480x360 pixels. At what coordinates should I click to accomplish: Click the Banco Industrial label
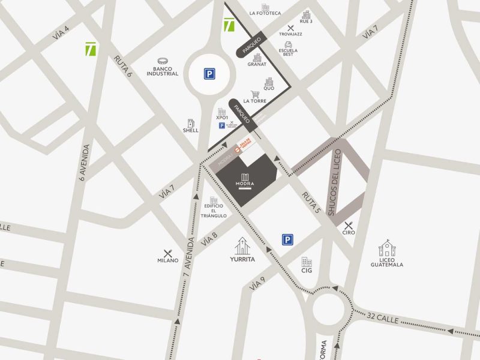point(162,71)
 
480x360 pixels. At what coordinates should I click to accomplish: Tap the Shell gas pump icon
point(191,122)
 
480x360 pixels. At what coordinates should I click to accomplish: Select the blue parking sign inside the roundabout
point(209,74)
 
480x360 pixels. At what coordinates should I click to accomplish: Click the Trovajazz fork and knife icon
point(291,28)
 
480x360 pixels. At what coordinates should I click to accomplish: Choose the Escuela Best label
point(288,52)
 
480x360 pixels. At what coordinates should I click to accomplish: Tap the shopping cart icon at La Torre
point(255,94)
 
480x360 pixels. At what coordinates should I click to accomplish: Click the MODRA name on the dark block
point(244,183)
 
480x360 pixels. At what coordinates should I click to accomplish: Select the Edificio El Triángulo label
point(214,212)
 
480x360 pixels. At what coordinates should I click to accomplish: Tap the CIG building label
point(307,271)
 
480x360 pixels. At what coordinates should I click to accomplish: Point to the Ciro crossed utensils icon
point(349,225)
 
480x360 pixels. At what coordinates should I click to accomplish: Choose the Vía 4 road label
point(61,32)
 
